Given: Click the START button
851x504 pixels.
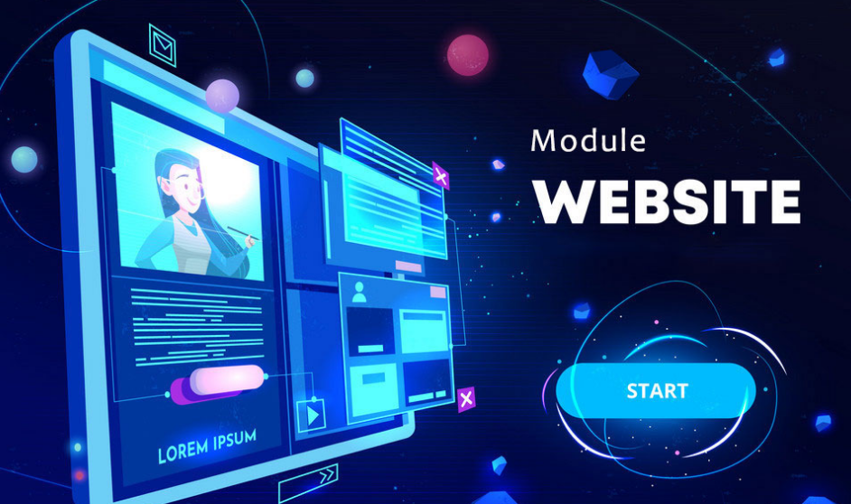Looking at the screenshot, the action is point(656,390).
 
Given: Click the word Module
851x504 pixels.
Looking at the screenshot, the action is point(588,141).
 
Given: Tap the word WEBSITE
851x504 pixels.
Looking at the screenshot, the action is point(667,201).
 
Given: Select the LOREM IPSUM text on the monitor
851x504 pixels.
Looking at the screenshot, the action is point(207,446).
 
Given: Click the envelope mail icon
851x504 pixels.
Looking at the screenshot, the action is point(163,45).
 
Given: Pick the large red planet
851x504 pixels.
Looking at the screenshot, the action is point(467,55).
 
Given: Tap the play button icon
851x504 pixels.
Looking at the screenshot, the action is point(312,415).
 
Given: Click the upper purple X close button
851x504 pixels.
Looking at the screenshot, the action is point(441,176).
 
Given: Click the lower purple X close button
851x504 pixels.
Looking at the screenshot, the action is point(465,400).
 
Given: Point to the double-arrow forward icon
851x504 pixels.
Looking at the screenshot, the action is point(308,483).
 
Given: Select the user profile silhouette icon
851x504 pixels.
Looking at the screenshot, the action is point(359,292).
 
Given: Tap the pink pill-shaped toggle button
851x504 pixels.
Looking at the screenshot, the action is point(227,378).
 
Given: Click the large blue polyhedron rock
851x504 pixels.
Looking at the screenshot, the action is point(610,74).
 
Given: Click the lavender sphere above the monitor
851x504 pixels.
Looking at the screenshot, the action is point(222,96).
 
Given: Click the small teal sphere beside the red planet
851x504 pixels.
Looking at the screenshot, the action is point(305,78).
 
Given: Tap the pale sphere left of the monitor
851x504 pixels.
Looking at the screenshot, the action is point(24,160).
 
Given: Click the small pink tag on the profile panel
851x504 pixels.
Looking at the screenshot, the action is point(438,293).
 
